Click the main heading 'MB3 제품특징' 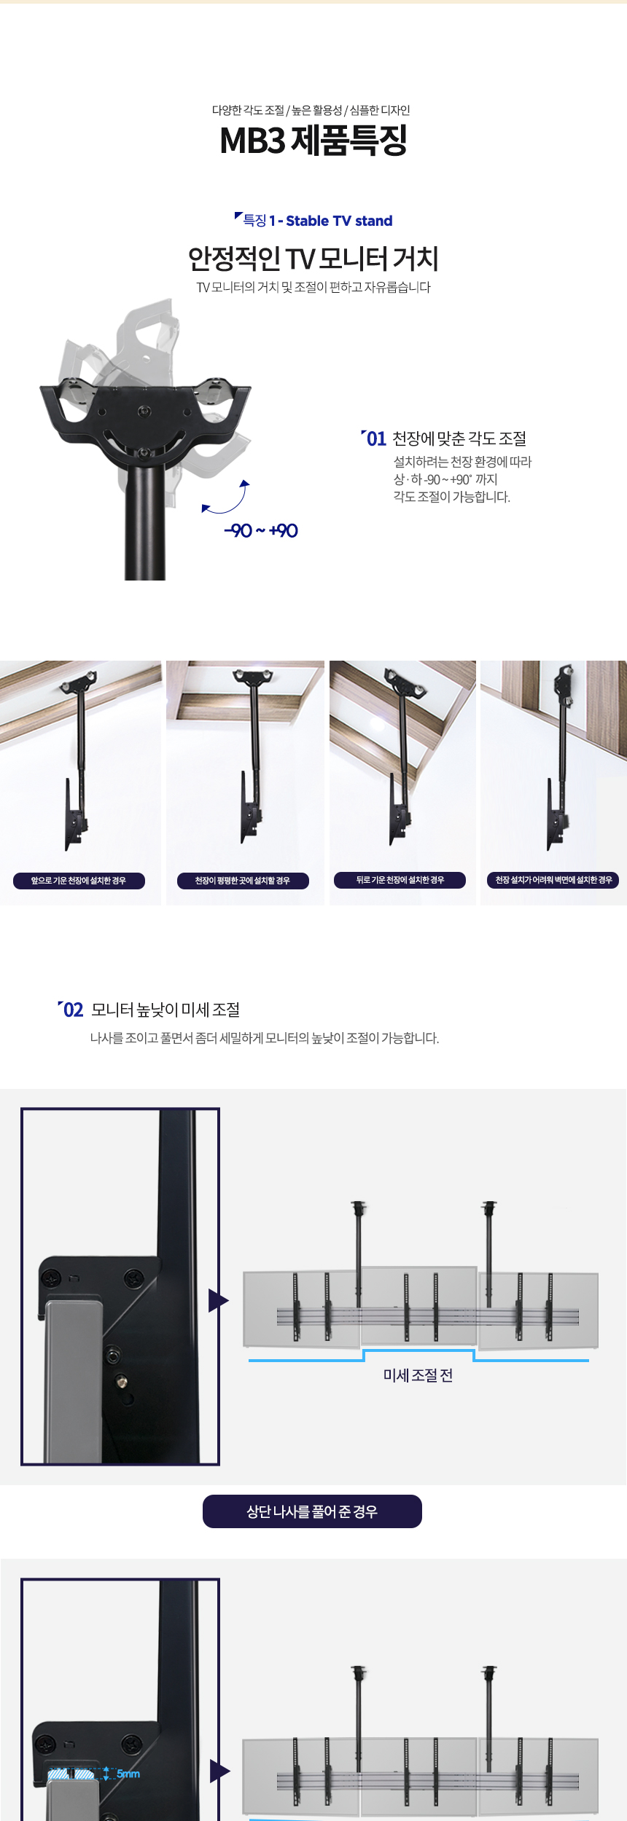click(x=313, y=141)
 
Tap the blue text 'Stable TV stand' click(x=339, y=221)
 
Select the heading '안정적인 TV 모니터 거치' click(x=313, y=259)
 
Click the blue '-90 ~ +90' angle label click(x=261, y=530)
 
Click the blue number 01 click(x=376, y=438)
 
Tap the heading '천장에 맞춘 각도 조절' click(x=459, y=438)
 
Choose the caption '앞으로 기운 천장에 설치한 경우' click(x=79, y=881)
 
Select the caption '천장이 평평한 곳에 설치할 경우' click(x=243, y=881)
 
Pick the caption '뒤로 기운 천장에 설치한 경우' click(x=400, y=880)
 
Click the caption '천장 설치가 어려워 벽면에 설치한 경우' click(x=553, y=880)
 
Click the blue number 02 click(x=74, y=1010)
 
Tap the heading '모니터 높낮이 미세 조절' click(x=165, y=1010)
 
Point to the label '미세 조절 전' click(x=418, y=1375)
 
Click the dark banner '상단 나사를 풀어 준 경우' click(x=312, y=1511)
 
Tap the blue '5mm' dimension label click(x=128, y=1774)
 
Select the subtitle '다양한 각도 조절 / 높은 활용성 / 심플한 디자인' click(x=311, y=110)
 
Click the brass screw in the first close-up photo click(x=122, y=1381)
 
